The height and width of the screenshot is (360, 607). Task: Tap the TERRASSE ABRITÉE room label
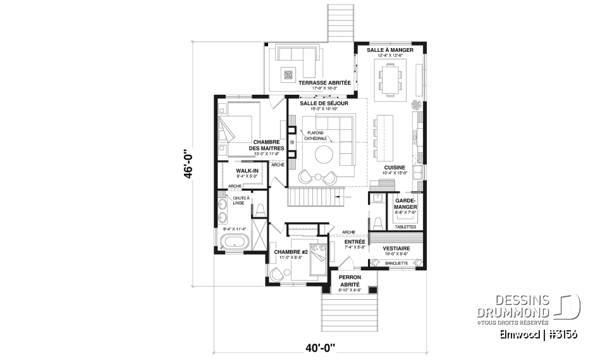point(308,83)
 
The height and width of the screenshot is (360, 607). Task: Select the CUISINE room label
point(394,168)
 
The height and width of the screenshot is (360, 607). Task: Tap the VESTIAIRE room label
point(397,249)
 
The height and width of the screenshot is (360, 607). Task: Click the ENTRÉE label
point(355,242)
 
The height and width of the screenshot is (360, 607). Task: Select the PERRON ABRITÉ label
point(349,281)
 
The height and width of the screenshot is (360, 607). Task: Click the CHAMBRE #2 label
point(290,252)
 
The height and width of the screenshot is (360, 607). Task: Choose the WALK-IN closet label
point(246,171)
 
